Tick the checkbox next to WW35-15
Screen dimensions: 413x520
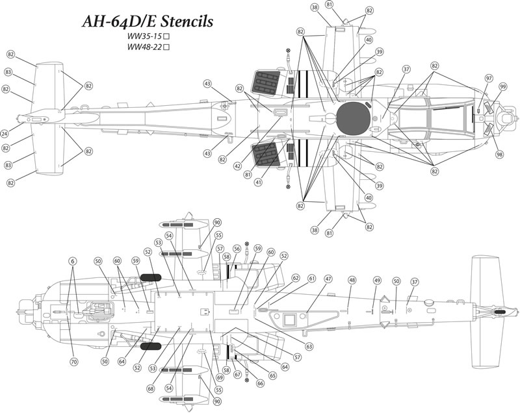[x=167, y=36]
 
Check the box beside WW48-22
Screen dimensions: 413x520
[x=167, y=48]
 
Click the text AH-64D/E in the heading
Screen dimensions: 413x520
[x=114, y=21]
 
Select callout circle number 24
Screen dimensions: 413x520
[x=5, y=133]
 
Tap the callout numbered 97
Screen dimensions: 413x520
[x=489, y=77]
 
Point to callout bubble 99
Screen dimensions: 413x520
[x=502, y=86]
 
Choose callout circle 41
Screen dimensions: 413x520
[x=259, y=182]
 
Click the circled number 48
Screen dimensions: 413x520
[x=352, y=280]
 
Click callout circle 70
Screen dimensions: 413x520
[x=73, y=361]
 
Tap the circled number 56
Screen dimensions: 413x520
[x=237, y=249]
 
